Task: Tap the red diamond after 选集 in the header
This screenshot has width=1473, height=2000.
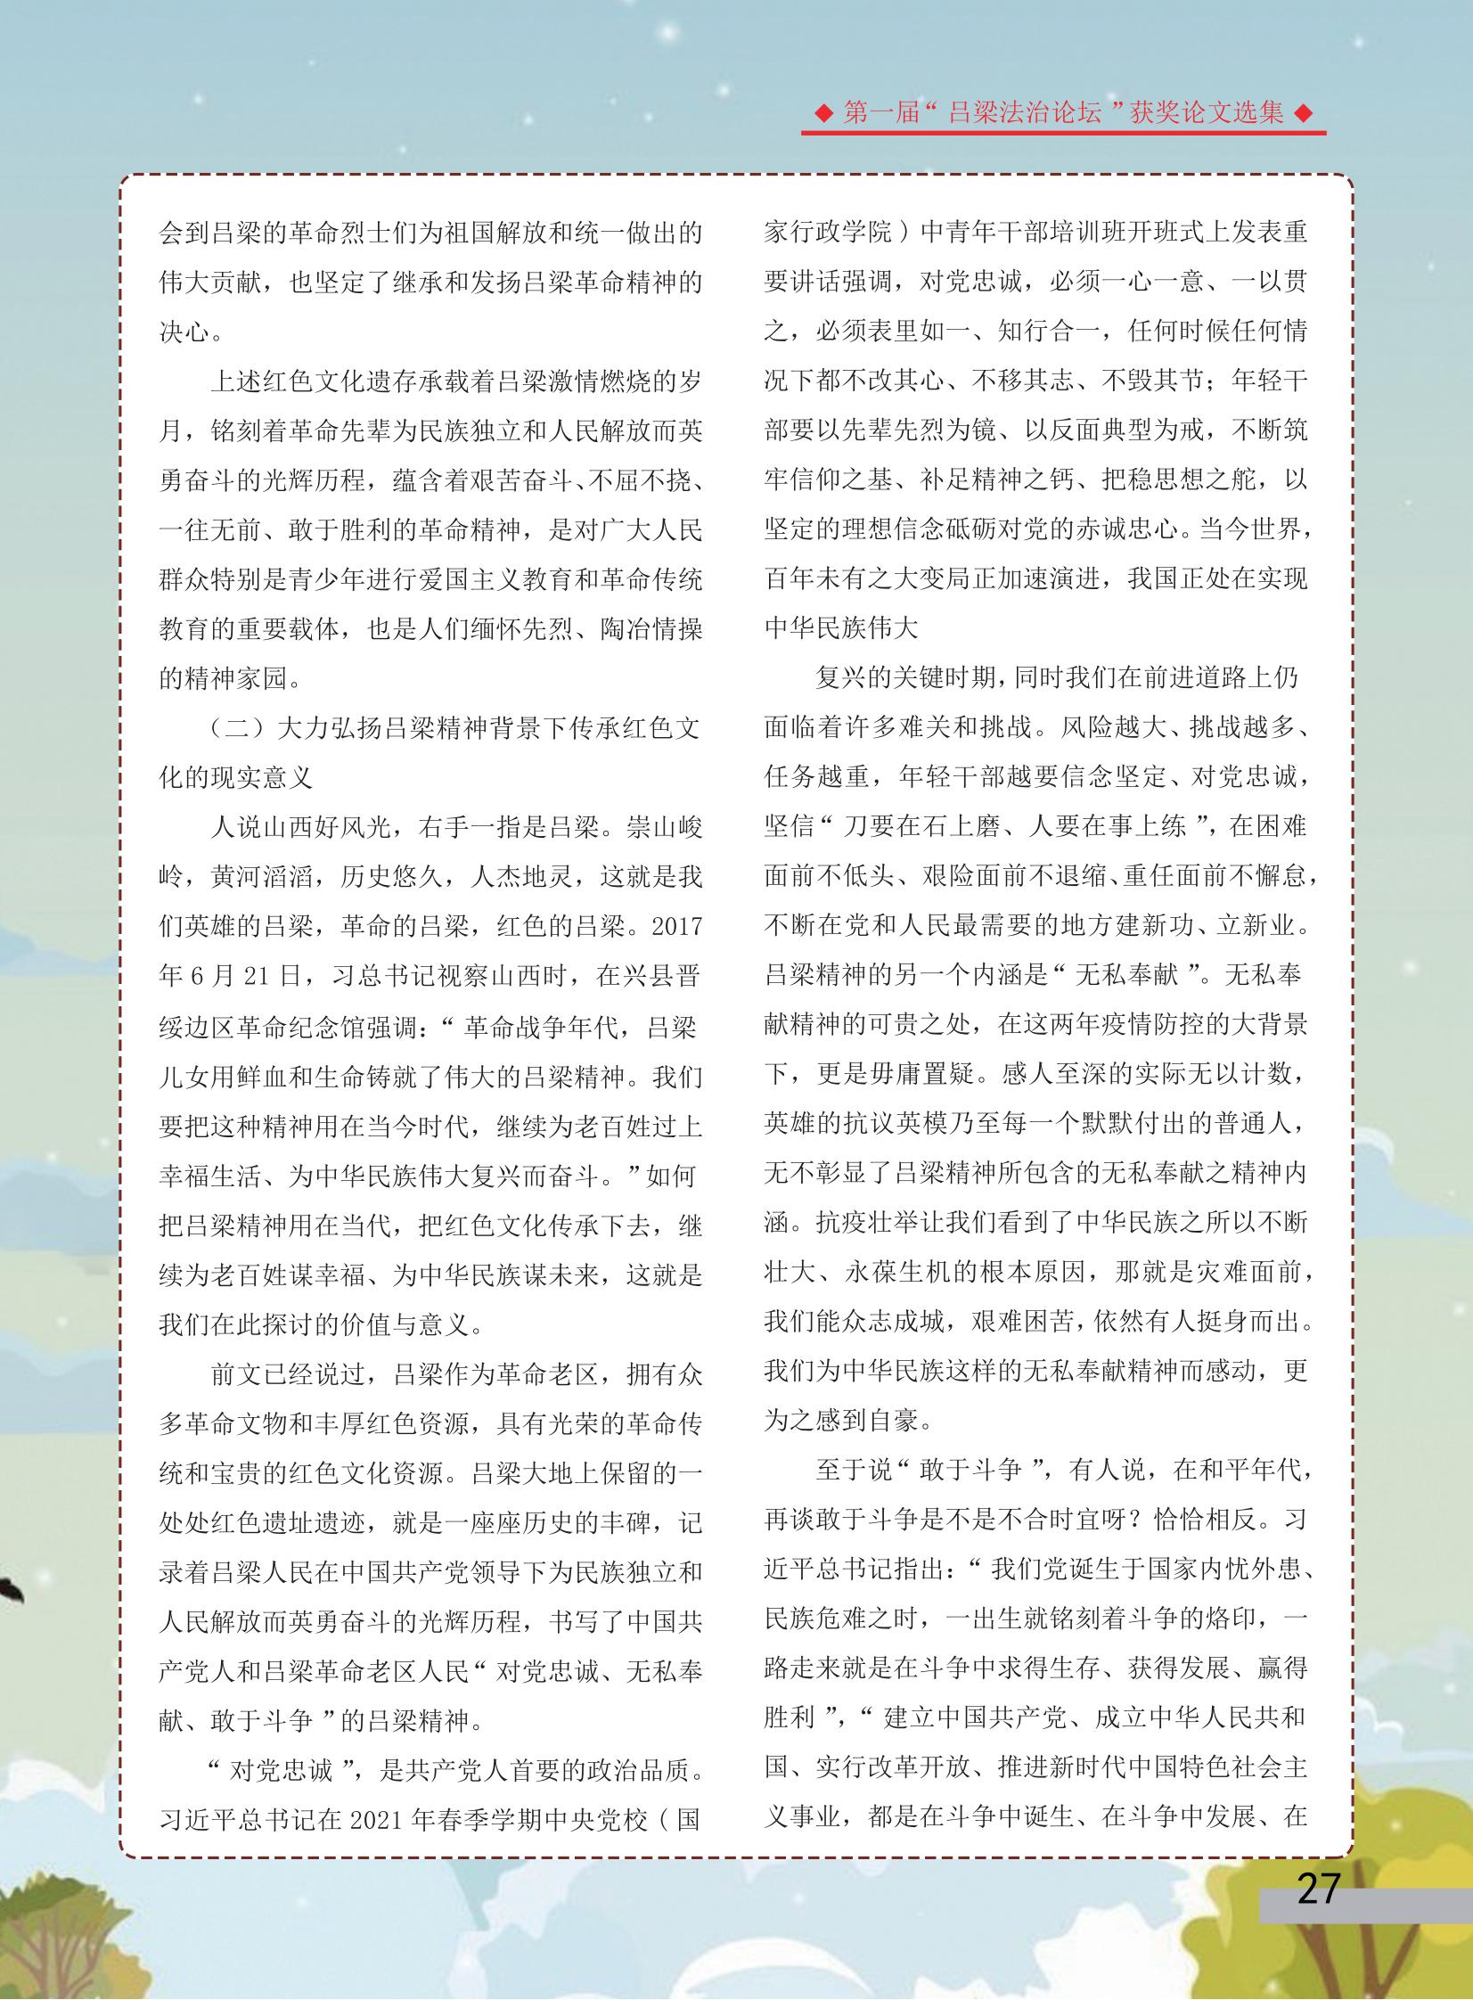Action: coord(1305,113)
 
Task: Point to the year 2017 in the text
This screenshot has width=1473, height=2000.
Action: coord(676,926)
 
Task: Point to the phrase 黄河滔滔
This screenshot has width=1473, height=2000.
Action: coord(261,877)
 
